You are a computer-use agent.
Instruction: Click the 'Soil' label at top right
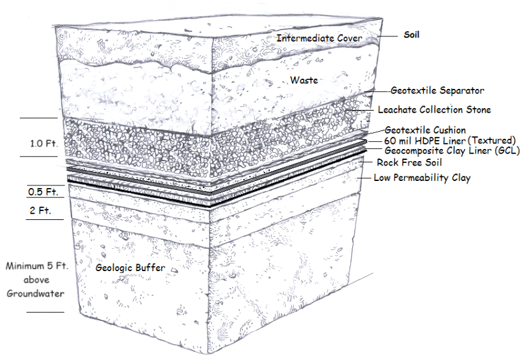point(412,35)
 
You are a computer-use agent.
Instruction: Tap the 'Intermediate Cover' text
point(319,38)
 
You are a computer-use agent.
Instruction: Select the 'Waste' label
point(304,80)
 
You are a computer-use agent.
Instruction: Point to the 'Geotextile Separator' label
point(438,91)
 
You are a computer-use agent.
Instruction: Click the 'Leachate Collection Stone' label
point(435,109)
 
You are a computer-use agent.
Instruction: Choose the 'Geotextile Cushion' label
point(425,130)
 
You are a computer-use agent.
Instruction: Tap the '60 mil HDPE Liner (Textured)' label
point(450,141)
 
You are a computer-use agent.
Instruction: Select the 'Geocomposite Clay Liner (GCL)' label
point(452,151)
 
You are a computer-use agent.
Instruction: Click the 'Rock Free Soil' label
point(410,162)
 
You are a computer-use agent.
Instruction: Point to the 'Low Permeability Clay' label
point(422,178)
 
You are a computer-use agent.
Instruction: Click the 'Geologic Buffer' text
point(130,268)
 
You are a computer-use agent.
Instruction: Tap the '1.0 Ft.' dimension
point(44,143)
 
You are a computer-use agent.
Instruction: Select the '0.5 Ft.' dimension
point(43,192)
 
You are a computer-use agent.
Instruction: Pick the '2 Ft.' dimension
point(40,210)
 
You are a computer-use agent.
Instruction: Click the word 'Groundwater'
point(35,293)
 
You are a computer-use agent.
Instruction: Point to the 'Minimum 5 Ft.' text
point(37,266)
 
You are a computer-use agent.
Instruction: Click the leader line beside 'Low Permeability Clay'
point(364,178)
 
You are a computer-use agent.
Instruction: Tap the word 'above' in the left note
point(36,280)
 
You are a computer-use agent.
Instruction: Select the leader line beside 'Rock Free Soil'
point(366,162)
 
